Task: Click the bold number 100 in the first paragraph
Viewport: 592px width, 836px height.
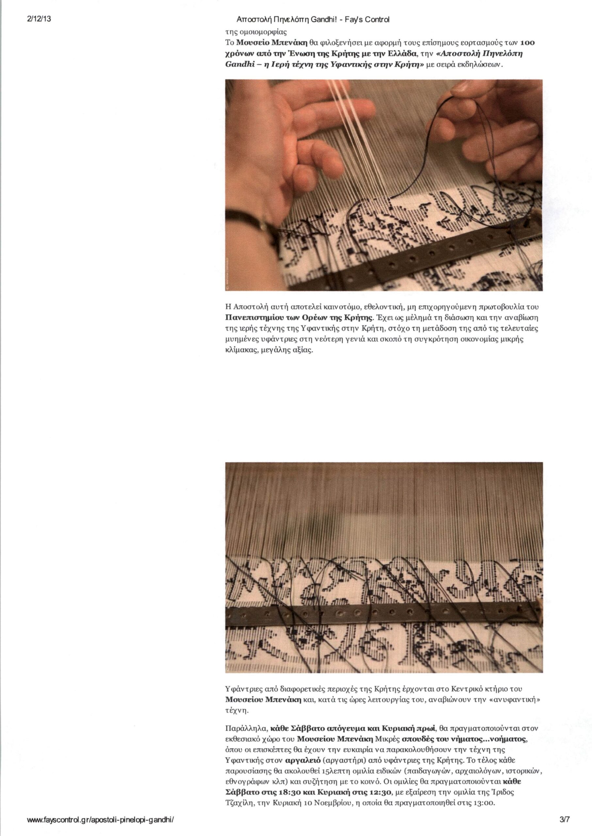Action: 528,43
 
